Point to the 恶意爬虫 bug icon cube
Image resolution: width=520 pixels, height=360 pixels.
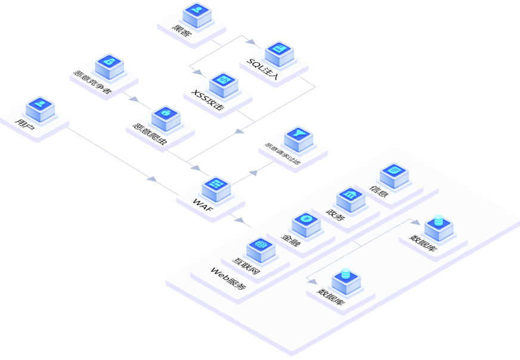166,117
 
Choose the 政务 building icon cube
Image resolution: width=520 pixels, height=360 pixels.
350,199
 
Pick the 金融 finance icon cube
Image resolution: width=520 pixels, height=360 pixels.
306,224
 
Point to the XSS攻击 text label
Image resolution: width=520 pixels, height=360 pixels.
208,100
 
